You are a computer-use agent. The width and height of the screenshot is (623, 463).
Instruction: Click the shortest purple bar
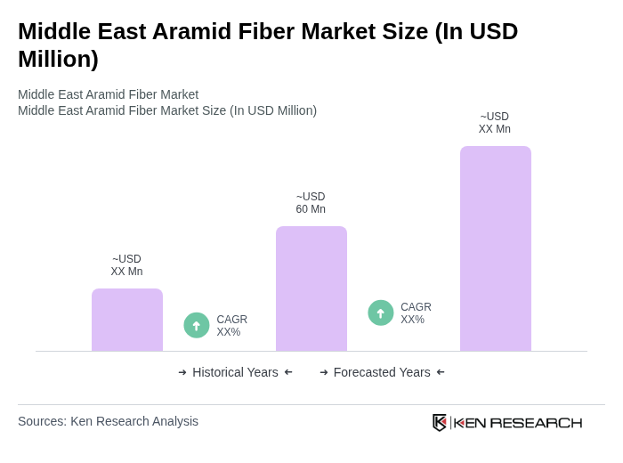point(127,320)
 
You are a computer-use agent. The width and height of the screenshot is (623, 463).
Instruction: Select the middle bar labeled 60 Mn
point(311,288)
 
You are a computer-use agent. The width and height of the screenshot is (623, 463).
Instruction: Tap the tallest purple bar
point(496,248)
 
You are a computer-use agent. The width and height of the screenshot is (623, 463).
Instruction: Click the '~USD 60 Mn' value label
point(311,203)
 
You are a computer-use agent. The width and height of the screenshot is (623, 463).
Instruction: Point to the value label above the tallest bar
point(495,123)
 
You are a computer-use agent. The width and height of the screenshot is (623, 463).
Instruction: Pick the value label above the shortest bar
point(126,265)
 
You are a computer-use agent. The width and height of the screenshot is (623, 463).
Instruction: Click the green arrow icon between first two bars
point(197,325)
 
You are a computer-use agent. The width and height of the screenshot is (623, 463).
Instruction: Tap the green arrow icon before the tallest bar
point(381,313)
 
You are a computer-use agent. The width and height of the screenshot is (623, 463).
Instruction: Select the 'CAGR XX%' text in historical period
point(231,326)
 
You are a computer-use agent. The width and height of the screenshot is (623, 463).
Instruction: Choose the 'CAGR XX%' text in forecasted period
point(416,313)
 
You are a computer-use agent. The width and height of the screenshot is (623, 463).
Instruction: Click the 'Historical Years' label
point(235,372)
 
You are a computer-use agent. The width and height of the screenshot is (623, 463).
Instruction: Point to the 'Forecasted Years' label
point(382,372)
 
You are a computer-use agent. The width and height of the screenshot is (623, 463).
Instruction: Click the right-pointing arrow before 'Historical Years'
point(182,372)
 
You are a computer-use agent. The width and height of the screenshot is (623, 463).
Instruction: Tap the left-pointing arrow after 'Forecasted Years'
point(441,372)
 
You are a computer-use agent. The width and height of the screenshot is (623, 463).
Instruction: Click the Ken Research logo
point(507,422)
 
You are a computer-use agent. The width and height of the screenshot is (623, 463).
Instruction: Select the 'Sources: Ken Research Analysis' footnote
point(108,421)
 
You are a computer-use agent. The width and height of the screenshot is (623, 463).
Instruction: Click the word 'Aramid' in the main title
point(197,31)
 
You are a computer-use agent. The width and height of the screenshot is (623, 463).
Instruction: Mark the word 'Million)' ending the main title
point(58,59)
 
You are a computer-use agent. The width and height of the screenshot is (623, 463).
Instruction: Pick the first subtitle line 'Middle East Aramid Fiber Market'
point(108,94)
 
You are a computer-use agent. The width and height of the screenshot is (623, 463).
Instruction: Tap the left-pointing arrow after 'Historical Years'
point(288,372)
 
